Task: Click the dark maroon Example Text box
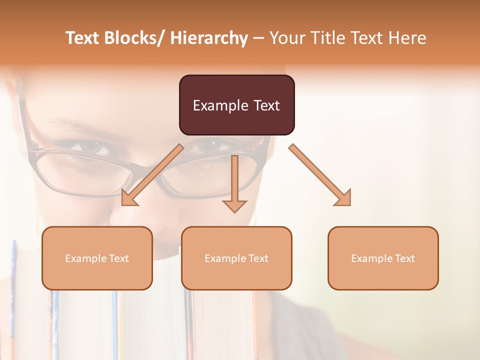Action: [x=236, y=105]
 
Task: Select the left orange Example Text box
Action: [x=97, y=258]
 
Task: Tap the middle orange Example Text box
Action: [x=236, y=258]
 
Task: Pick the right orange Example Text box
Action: [x=383, y=258]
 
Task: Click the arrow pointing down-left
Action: [x=152, y=175]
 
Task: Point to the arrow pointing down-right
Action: [x=320, y=175]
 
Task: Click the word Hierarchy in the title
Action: [x=209, y=38]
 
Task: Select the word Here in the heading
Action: [x=407, y=38]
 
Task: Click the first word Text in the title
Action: [x=83, y=38]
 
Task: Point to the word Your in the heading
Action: [x=286, y=38]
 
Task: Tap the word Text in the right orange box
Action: [x=404, y=258]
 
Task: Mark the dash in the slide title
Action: [x=258, y=38]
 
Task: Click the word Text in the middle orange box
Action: [x=258, y=258]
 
